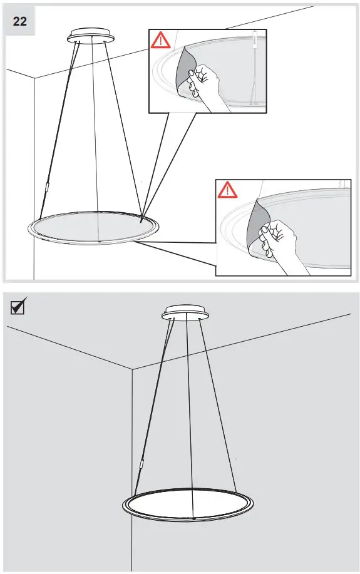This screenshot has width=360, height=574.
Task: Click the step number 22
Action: (x=20, y=21)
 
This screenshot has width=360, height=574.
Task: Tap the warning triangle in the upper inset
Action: (x=161, y=41)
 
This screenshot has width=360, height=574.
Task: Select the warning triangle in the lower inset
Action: (x=228, y=190)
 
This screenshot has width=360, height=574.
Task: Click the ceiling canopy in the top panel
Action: (x=91, y=35)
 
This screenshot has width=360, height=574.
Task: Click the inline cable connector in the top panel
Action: (x=47, y=187)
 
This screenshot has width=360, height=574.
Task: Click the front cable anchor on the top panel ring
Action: (x=100, y=240)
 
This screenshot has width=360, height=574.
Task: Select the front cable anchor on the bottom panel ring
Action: (x=195, y=518)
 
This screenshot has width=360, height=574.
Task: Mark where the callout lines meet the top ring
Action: (x=141, y=220)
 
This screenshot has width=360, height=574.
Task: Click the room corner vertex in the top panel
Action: (x=34, y=78)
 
